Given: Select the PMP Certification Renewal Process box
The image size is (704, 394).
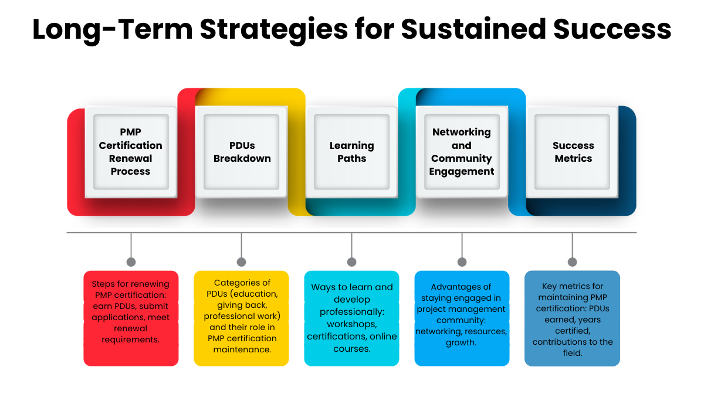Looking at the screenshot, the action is [x=131, y=152].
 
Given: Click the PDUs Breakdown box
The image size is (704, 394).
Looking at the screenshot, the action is [x=242, y=152].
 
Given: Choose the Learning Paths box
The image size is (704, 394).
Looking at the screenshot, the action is [x=352, y=152].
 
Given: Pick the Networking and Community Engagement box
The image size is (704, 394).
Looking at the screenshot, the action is [x=462, y=152].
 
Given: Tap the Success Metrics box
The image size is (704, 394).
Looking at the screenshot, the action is [x=573, y=152].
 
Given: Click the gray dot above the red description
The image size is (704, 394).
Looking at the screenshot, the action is [x=131, y=262].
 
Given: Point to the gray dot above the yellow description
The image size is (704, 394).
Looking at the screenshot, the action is [x=241, y=262].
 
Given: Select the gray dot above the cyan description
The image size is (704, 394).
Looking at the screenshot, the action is [x=351, y=262].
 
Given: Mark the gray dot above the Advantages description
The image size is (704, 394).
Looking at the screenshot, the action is [x=462, y=262].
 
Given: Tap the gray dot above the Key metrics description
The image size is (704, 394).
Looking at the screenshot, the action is [x=572, y=262].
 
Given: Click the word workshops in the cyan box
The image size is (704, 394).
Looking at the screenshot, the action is [x=352, y=324].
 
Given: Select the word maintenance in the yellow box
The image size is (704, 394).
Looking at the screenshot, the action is [x=242, y=349].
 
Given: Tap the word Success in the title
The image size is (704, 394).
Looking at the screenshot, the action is [x=624, y=29].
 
